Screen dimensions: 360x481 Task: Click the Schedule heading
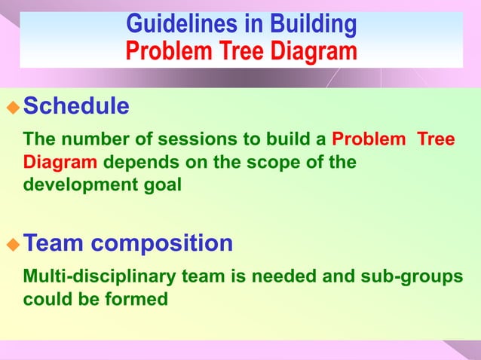(76, 106)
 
